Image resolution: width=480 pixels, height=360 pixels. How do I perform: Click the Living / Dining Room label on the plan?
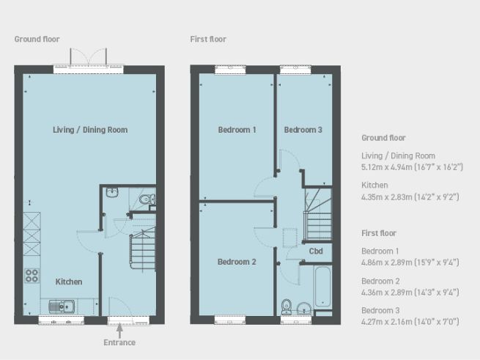90,130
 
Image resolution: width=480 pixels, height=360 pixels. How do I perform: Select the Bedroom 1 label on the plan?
237,131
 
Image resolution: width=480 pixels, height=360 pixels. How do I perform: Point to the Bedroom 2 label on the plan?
237,262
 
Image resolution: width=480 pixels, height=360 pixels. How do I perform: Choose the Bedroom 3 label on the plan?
303,131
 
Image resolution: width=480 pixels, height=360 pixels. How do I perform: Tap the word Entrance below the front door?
119,342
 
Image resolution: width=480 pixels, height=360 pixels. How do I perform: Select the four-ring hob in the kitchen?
32,276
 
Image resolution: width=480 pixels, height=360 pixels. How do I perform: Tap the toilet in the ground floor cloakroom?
147,199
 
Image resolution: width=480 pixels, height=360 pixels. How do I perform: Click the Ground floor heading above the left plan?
37,39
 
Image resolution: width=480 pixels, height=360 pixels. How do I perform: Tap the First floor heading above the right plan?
208,39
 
